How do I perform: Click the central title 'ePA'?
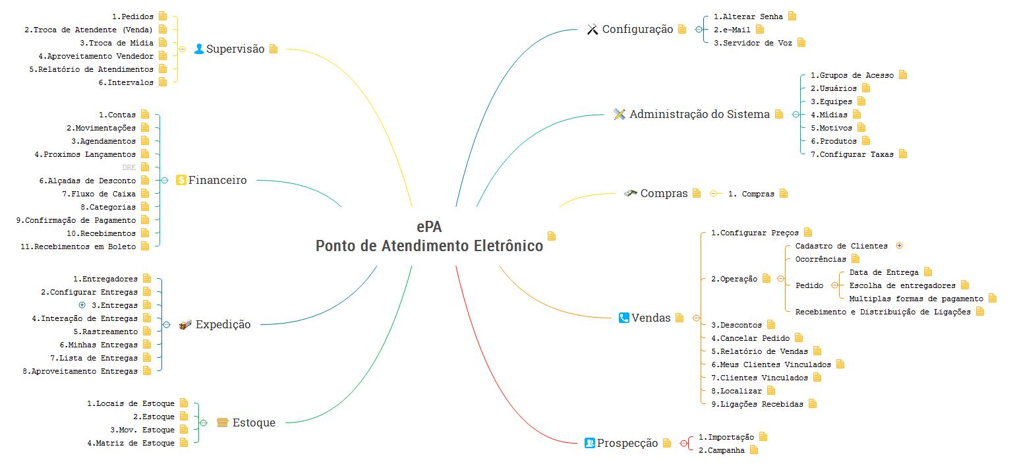[428, 227]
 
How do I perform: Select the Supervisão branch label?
[235, 49]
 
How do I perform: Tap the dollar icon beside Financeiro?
[181, 180]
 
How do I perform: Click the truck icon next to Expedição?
[185, 324]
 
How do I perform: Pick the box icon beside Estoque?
[223, 422]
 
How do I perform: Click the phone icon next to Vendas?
[623, 318]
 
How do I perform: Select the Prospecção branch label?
[627, 443]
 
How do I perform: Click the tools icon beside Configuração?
[593, 30]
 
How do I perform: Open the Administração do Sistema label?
[699, 114]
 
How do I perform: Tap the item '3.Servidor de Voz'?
[753, 43]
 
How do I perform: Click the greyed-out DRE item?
[129, 167]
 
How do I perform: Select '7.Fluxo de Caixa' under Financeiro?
[99, 194]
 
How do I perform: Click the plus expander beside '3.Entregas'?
[82, 305]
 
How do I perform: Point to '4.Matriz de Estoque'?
[130, 443]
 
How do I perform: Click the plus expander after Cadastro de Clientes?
[900, 246]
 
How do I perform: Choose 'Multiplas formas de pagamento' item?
[916, 299]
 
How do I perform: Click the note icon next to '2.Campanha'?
[754, 450]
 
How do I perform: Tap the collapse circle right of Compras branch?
[714, 194]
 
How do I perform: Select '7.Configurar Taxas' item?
[852, 154]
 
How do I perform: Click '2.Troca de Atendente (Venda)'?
[88, 30]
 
